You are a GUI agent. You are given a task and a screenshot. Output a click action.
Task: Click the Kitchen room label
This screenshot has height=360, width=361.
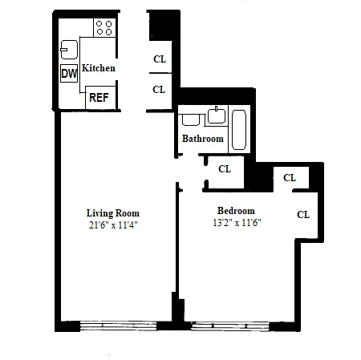(99, 69)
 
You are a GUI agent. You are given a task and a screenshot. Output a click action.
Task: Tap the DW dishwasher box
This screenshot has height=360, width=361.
(69, 74)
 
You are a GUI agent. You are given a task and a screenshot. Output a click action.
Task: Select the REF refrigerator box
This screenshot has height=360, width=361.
(99, 98)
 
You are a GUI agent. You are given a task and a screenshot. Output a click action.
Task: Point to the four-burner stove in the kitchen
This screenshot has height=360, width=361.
(104, 29)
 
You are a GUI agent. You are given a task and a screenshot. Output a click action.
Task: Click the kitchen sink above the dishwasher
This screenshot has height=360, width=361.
(69, 49)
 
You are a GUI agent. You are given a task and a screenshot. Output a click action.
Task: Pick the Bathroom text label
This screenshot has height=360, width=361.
(202, 139)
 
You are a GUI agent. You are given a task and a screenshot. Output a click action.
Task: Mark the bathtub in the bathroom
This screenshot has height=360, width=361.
(239, 129)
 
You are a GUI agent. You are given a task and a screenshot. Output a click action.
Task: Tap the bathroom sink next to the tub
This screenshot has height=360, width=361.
(216, 116)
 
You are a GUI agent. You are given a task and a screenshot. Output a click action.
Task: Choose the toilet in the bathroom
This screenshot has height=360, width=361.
(191, 119)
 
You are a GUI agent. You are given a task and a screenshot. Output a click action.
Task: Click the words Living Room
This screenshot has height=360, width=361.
(113, 213)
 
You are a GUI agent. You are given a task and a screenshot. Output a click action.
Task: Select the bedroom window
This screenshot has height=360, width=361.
(224, 326)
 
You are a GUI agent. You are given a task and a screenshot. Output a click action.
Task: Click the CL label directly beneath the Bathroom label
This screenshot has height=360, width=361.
(225, 169)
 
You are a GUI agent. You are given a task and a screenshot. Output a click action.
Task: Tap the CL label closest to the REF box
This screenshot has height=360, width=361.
(159, 90)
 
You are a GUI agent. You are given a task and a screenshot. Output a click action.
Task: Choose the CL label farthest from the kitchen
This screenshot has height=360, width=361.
(303, 214)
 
